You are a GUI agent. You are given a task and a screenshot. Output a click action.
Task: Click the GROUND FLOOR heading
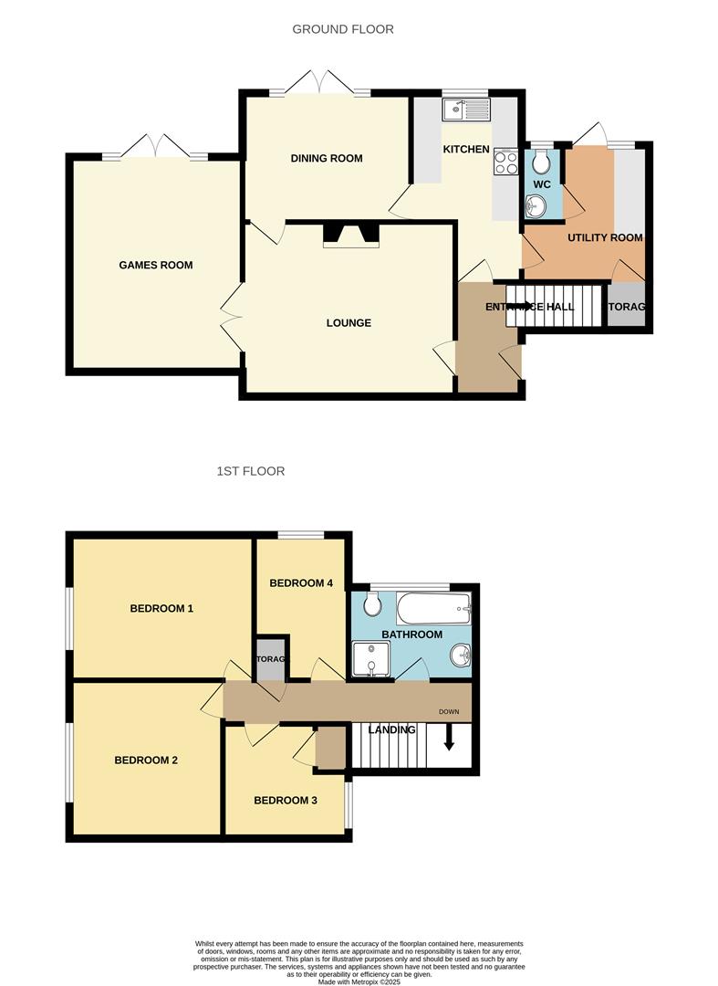pos(343,29)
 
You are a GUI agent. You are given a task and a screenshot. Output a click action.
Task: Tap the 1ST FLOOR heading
pos(251,471)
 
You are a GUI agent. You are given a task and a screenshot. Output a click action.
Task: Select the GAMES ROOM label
pos(156,266)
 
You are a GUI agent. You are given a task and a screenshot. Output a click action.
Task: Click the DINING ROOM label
pos(327,159)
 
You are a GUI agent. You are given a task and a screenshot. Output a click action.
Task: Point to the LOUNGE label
pos(349,323)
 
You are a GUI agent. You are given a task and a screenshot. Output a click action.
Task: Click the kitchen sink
pos(466,110)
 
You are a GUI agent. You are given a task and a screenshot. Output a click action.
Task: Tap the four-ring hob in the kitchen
pos(505,163)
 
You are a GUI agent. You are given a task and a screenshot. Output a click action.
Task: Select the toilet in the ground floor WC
pos(541,163)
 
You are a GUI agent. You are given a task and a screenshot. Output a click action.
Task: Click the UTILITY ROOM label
pos(605,237)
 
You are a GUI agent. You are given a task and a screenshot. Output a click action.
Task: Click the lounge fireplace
pos(350,235)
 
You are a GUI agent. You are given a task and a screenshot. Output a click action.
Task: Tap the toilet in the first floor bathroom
pos(371,604)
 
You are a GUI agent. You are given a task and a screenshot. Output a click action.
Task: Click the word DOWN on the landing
pos(448,712)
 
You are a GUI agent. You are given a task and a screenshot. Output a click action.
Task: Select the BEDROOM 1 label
pos(161,608)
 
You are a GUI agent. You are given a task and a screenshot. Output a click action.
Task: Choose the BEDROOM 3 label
pos(286,801)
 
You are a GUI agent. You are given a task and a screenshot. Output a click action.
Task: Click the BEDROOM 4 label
pos(301,583)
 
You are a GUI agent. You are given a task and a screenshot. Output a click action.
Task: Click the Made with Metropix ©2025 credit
pos(359,981)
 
